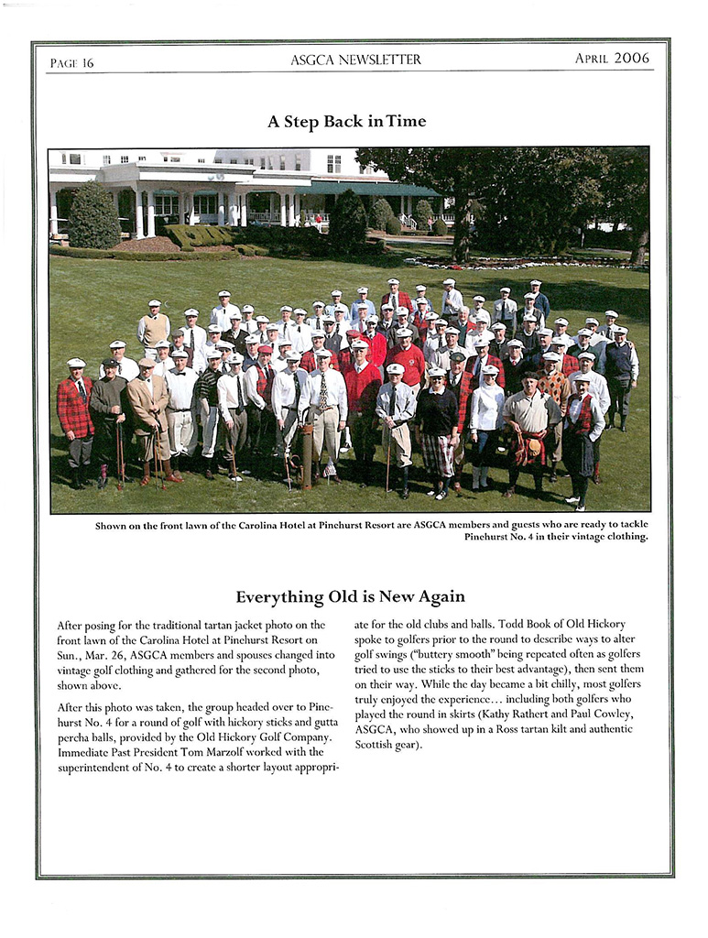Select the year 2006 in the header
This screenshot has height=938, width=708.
(x=631, y=59)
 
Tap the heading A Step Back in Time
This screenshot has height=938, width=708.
(x=346, y=121)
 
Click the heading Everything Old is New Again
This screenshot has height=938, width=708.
(x=350, y=597)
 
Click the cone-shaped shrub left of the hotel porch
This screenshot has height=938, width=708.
(x=93, y=216)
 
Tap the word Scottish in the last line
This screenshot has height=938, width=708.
(x=377, y=744)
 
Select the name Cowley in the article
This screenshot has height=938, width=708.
(x=606, y=714)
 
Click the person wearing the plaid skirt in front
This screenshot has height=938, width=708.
(x=438, y=431)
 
